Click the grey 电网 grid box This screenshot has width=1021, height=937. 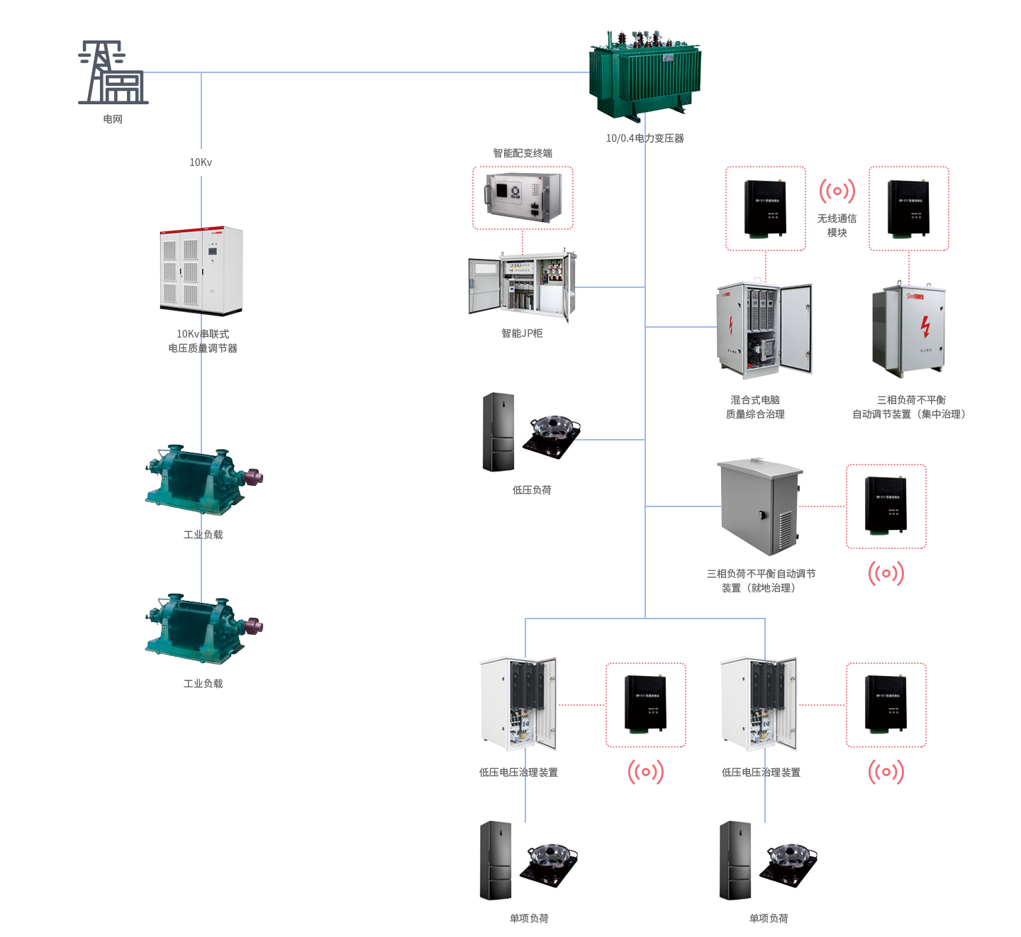pos(113,72)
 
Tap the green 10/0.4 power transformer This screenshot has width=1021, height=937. pos(645,76)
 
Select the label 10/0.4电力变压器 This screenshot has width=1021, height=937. pos(645,138)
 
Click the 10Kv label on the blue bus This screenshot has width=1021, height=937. pos(201,162)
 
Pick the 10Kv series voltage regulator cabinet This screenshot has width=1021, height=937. pos(201,271)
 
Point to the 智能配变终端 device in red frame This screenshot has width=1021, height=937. pos(523,198)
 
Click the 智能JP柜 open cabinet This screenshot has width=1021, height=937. pos(523,287)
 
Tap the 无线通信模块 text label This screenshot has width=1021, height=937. pos(837,226)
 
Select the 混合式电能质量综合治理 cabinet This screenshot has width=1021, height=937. pos(765,326)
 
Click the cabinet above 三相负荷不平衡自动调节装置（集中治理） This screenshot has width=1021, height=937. pos(909,330)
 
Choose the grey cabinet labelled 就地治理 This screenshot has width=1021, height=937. pos(761,506)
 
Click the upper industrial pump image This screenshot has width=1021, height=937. pos(204,480)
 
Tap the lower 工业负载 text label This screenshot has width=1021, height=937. pos(203,684)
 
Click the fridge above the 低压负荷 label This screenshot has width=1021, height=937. pos(499,432)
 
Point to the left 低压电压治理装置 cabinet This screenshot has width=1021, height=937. pos(518,705)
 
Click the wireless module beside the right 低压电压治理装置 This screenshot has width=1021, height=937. pos(886,704)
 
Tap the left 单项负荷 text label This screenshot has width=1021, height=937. pos(529,919)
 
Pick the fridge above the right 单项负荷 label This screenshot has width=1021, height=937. pos(735,860)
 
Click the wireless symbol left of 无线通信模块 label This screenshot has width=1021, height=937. pos(837,191)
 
